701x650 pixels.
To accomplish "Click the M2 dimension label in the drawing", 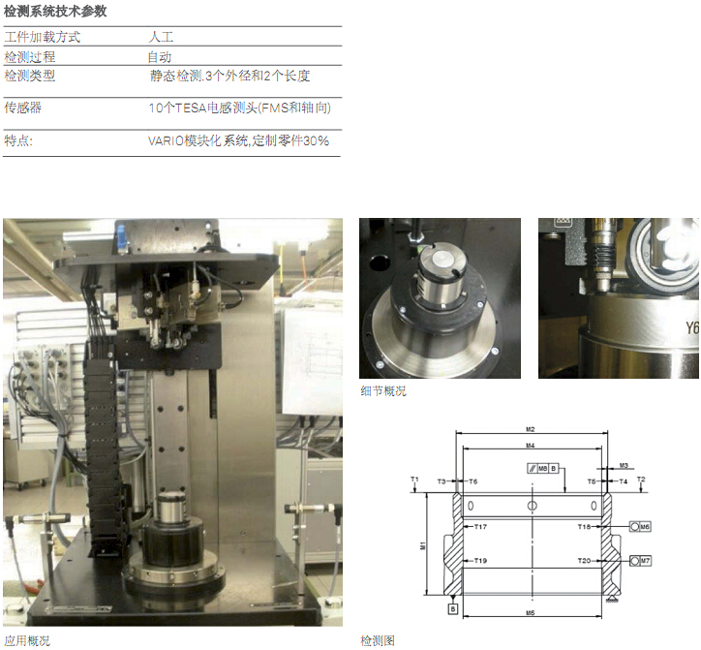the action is coord(530,429).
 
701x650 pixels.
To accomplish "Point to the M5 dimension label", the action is coord(530,613).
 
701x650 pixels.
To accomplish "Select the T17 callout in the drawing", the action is coord(480,527).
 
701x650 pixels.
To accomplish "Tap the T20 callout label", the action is coord(584,561).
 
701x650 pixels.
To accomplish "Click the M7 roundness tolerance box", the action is coord(640,561).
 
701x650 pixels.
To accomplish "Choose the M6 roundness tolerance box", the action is coord(640,527).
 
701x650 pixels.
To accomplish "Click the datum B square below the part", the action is coord(453,609).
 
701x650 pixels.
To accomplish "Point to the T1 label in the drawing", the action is coord(414,480).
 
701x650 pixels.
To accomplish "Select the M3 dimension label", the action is coord(624,466).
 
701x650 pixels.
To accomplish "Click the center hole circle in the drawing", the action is coord(532,506).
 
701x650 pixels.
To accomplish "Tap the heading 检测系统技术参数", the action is coord(55,12).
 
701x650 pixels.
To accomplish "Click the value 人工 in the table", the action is coord(161,37).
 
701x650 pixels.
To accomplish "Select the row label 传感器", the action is coord(23,108).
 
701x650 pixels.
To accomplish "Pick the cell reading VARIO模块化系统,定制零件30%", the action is coord(239,140).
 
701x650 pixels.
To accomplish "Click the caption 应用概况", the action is coord(27,640).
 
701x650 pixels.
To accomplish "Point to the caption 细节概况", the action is coord(383,391).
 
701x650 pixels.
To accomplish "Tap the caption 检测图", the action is coord(378,640).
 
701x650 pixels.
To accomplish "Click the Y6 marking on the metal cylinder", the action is coord(692,328).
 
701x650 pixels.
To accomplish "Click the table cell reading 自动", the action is coord(160,57).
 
